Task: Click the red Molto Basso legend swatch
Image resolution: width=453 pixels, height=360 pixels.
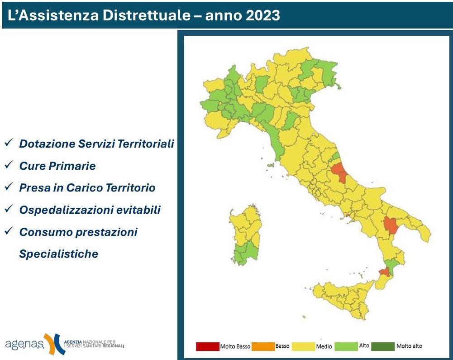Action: [207, 346]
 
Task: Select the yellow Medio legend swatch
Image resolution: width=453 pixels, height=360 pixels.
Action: [303, 346]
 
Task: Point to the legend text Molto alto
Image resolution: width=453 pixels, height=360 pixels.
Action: [409, 346]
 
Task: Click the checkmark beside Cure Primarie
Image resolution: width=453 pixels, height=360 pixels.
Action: [8, 165]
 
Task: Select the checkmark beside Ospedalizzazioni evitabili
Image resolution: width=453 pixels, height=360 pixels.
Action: [8, 209]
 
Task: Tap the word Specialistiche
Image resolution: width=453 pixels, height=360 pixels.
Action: [58, 254]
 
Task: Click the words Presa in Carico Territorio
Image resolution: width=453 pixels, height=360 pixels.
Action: [87, 188]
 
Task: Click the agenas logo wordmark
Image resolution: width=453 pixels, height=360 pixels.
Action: [25, 344]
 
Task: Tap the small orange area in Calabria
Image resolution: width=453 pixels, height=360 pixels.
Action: [384, 272]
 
